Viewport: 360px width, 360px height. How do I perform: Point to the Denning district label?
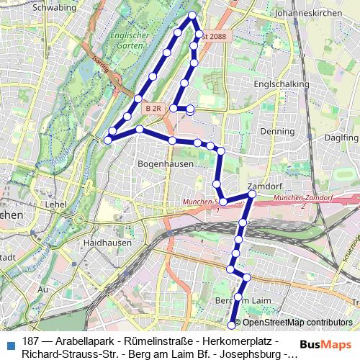(x=277, y=132)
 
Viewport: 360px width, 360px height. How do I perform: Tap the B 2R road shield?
(x=151, y=108)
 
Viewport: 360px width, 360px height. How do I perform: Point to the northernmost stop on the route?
(x=192, y=15)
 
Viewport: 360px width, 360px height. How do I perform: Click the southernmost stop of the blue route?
(x=231, y=325)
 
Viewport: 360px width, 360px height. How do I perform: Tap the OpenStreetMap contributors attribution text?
(x=297, y=323)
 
